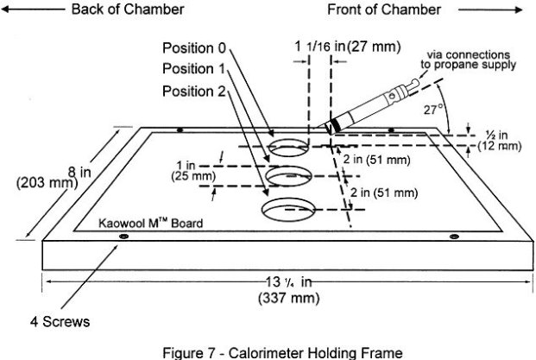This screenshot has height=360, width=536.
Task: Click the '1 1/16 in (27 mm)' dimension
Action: click(344, 46)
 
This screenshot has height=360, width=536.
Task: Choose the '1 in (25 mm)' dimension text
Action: click(194, 170)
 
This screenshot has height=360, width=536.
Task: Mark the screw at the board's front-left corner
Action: click(123, 236)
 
